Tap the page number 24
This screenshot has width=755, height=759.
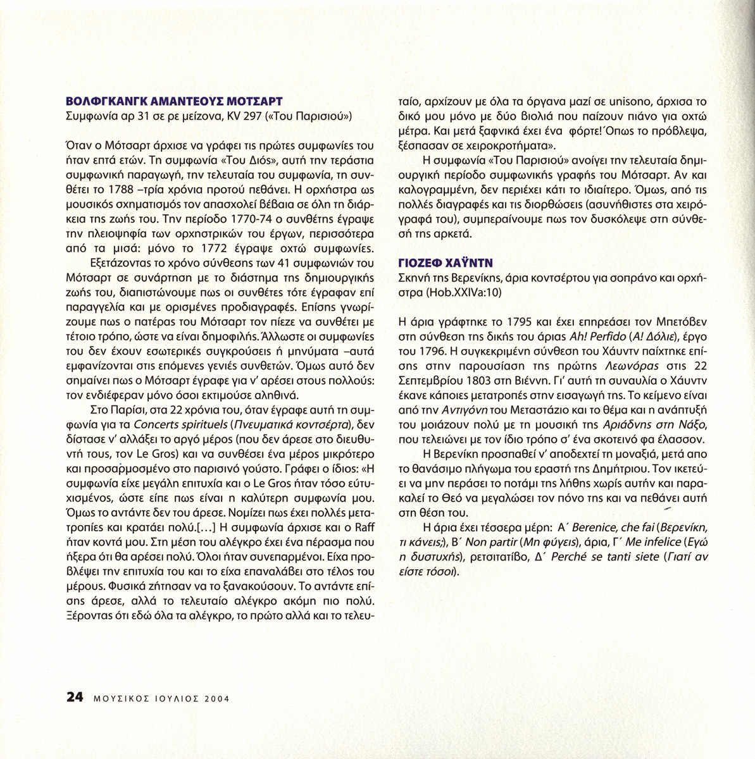(x=74, y=698)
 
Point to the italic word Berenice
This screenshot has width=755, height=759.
(x=579, y=527)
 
